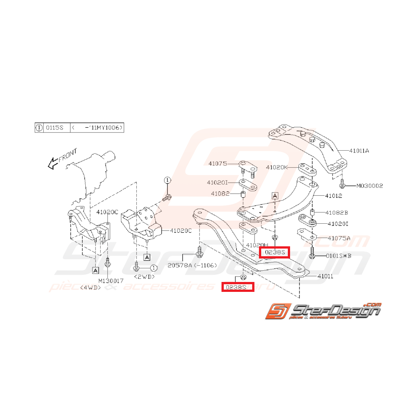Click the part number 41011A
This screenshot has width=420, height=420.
click(x=359, y=151)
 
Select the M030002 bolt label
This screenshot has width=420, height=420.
click(x=370, y=185)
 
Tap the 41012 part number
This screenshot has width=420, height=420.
click(x=332, y=196)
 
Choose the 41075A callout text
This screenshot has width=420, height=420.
click(x=338, y=238)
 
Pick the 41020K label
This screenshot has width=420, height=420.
click(x=277, y=167)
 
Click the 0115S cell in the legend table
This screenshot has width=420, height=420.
click(x=55, y=128)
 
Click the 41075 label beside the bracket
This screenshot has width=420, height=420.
click(x=218, y=164)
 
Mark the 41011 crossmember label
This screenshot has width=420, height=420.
click(x=325, y=276)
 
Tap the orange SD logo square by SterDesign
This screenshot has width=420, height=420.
click(x=276, y=312)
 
